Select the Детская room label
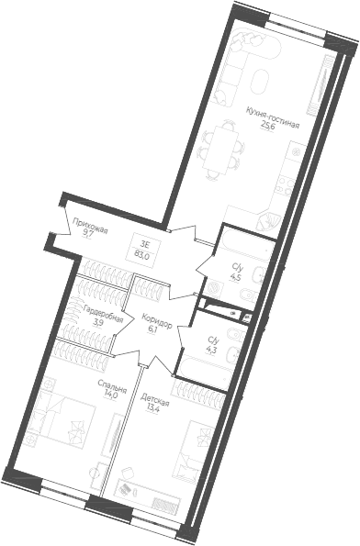pyautogui.click(x=155, y=400)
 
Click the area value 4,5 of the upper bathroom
pyautogui.click(x=235, y=273)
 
